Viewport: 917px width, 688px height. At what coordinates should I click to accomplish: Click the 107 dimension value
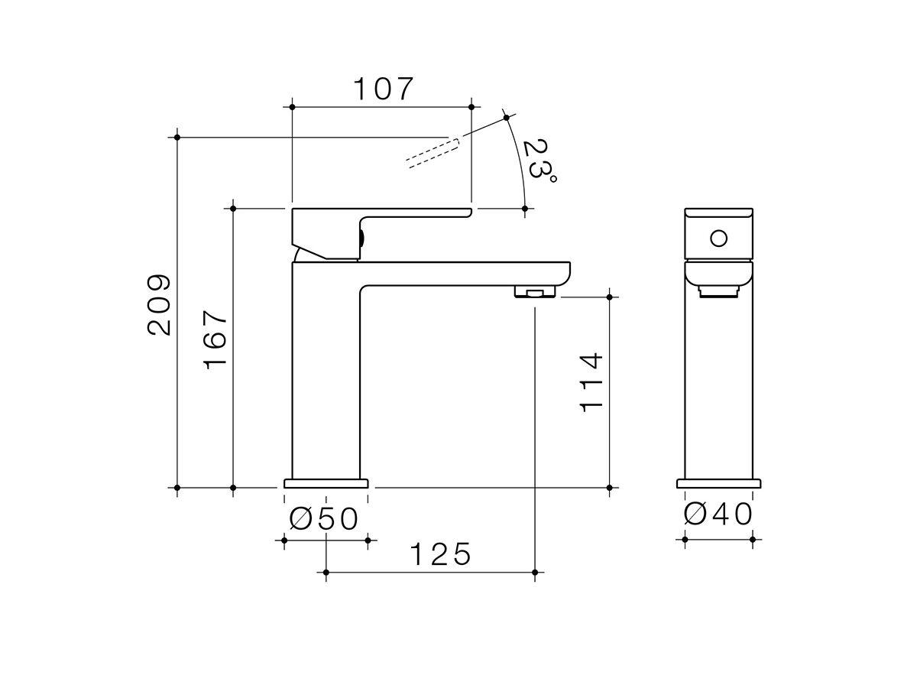[382, 89]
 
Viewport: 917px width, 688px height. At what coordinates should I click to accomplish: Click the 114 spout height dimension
[591, 382]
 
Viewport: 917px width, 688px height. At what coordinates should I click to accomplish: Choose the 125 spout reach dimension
[441, 554]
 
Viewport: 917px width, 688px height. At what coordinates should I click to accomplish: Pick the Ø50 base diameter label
[325, 519]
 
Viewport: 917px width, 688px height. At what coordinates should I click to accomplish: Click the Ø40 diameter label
[718, 514]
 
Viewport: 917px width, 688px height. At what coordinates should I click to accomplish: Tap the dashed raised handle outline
[432, 152]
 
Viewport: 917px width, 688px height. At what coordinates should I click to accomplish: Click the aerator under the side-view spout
[535, 292]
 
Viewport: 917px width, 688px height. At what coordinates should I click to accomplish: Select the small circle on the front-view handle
[718, 238]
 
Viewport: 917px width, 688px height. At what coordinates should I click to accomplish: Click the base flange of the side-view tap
[326, 483]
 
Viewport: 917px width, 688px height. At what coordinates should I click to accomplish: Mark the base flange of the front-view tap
[718, 483]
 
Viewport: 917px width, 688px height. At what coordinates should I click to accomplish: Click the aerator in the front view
[718, 290]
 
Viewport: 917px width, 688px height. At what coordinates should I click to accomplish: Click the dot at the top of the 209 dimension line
[177, 137]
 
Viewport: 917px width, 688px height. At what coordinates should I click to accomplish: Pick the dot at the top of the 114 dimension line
[609, 297]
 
